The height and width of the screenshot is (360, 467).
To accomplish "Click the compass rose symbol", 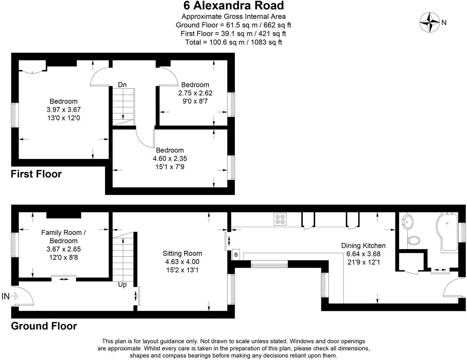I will (430, 22).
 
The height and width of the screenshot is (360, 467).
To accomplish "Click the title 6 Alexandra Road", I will (233, 6).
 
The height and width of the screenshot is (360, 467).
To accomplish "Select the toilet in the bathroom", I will (413, 240).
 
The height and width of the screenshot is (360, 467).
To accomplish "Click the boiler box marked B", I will (236, 254).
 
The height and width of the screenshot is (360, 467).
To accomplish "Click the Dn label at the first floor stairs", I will (122, 85).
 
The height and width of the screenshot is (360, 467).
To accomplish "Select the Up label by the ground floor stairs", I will (122, 285).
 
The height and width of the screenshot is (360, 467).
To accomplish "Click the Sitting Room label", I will (182, 253).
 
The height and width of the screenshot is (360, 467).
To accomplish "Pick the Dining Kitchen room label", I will (363, 246).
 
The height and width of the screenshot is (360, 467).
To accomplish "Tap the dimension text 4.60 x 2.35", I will (170, 159).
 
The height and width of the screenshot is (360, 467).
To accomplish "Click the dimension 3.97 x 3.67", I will (63, 110).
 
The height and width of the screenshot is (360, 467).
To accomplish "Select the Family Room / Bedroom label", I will (63, 237).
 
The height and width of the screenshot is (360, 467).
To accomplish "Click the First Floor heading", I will (36, 174).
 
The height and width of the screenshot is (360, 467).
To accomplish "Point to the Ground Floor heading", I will (44, 326).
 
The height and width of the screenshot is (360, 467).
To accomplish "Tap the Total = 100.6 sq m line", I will (233, 42).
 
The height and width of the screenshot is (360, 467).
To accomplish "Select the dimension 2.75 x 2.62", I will (195, 93).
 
